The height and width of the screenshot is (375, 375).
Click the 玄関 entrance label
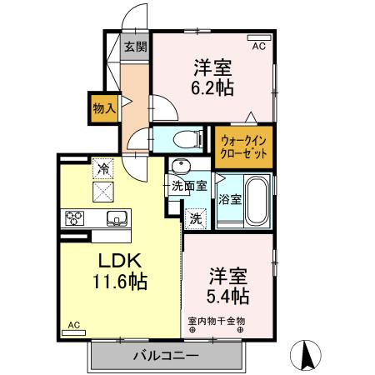coord(133,47)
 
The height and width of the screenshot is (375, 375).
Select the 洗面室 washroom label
coord(189,186)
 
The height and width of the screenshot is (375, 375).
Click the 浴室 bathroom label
coord(230,200)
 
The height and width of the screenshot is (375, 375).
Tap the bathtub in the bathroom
coord(255,201)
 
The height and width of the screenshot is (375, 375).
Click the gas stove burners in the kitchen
coord(73,219)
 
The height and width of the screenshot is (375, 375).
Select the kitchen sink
coord(117,219)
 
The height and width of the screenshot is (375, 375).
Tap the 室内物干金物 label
coord(217,321)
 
